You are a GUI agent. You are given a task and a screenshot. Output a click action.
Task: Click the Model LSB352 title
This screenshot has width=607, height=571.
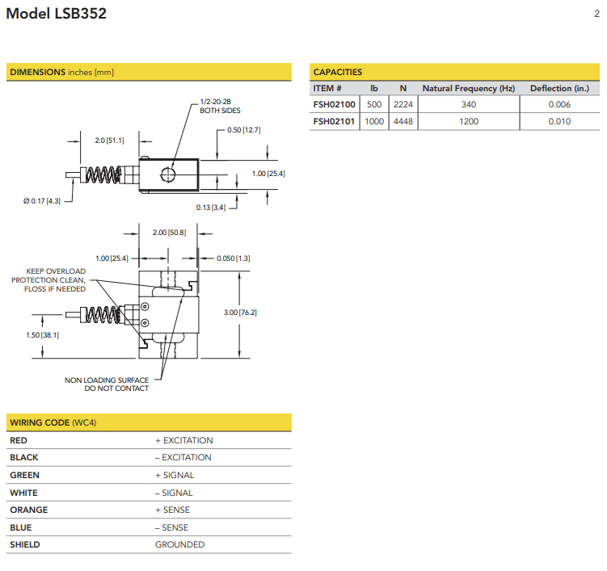coord(57,14)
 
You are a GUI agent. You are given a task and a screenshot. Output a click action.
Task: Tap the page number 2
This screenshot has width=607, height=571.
coord(596,14)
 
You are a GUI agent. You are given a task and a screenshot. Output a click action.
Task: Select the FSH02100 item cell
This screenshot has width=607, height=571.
coord(334,104)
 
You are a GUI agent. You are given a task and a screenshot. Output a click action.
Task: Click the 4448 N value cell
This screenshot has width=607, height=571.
coord(403,121)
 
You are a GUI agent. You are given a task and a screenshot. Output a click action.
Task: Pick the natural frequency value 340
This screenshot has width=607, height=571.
coord(469,104)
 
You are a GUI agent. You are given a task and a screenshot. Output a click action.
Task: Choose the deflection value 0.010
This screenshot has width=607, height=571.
coord(559,121)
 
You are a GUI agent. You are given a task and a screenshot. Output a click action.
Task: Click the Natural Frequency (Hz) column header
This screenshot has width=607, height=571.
coord(469,88)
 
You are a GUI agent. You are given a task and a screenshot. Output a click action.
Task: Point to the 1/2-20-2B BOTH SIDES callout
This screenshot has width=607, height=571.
coord(220,107)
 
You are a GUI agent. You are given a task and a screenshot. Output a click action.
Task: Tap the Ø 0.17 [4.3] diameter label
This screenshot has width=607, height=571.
coord(42,200)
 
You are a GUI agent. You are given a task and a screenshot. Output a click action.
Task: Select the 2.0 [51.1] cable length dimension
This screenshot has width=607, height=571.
coord(109,141)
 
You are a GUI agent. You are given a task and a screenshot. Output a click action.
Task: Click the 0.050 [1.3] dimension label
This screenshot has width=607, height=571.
coord(233,258)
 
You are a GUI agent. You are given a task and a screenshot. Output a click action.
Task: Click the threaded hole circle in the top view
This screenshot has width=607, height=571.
coord(168,174)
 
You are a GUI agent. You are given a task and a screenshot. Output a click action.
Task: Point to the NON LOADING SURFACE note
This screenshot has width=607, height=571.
coord(107,384)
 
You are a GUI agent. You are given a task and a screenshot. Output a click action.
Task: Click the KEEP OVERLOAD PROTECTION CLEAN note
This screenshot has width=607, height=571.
coord(55,279)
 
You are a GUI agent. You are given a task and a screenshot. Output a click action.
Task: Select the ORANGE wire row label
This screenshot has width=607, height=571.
coord(29,510)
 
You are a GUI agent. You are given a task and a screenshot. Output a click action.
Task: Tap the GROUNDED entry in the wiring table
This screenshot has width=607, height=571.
coord(179,544)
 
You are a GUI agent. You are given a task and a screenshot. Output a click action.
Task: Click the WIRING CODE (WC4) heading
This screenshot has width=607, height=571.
coord(53,422)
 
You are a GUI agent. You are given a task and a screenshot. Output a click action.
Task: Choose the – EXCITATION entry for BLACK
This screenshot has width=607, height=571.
coord(183,457)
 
